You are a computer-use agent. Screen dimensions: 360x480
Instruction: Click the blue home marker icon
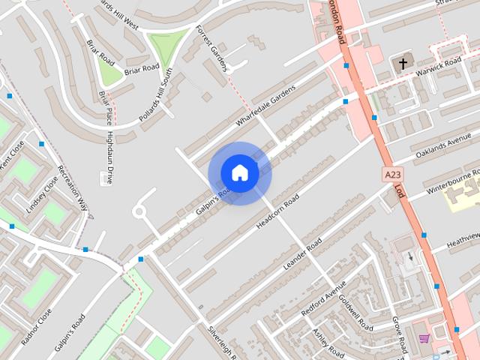[239, 172]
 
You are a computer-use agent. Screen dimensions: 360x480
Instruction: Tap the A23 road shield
[391, 175]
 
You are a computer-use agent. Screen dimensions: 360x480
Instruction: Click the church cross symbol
[403, 64]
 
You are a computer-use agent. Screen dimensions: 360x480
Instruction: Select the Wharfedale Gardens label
[265, 106]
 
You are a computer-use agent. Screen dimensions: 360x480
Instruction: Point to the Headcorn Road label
[277, 211]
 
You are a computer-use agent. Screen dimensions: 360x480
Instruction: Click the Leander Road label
[302, 254]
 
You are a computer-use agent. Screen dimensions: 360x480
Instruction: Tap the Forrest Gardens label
[210, 48]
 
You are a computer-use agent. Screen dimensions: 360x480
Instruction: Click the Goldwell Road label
[355, 312]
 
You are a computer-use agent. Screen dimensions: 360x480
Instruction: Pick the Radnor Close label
[37, 326]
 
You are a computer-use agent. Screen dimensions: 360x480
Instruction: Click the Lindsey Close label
[41, 196]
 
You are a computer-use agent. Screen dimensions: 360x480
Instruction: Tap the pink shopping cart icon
[424, 339]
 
